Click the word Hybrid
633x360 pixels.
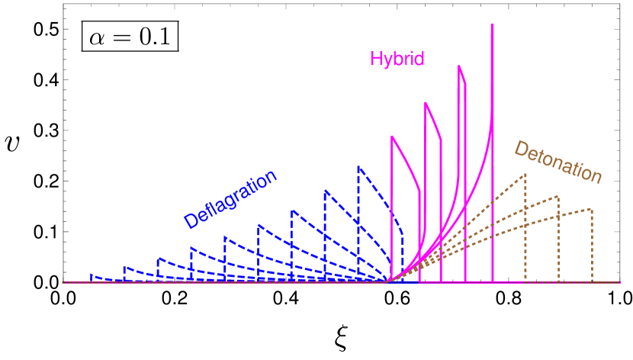point(397,59)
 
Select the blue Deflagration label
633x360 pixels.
point(230,200)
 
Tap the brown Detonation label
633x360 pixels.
point(558,162)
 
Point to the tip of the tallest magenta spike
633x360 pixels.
point(493,24)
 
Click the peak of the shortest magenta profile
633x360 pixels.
point(392,137)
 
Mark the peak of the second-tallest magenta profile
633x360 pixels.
point(459,66)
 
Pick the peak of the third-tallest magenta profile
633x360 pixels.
point(426,102)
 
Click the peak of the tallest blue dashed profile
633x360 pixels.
point(358,166)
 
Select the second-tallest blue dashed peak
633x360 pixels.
point(325,190)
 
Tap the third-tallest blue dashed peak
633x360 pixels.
point(291,210)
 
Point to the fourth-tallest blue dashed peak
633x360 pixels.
point(258,225)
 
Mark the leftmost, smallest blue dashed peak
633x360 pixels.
point(91,274)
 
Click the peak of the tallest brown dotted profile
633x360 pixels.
point(525,175)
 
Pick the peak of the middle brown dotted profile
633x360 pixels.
point(558,196)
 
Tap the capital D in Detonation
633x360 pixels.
point(522,149)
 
